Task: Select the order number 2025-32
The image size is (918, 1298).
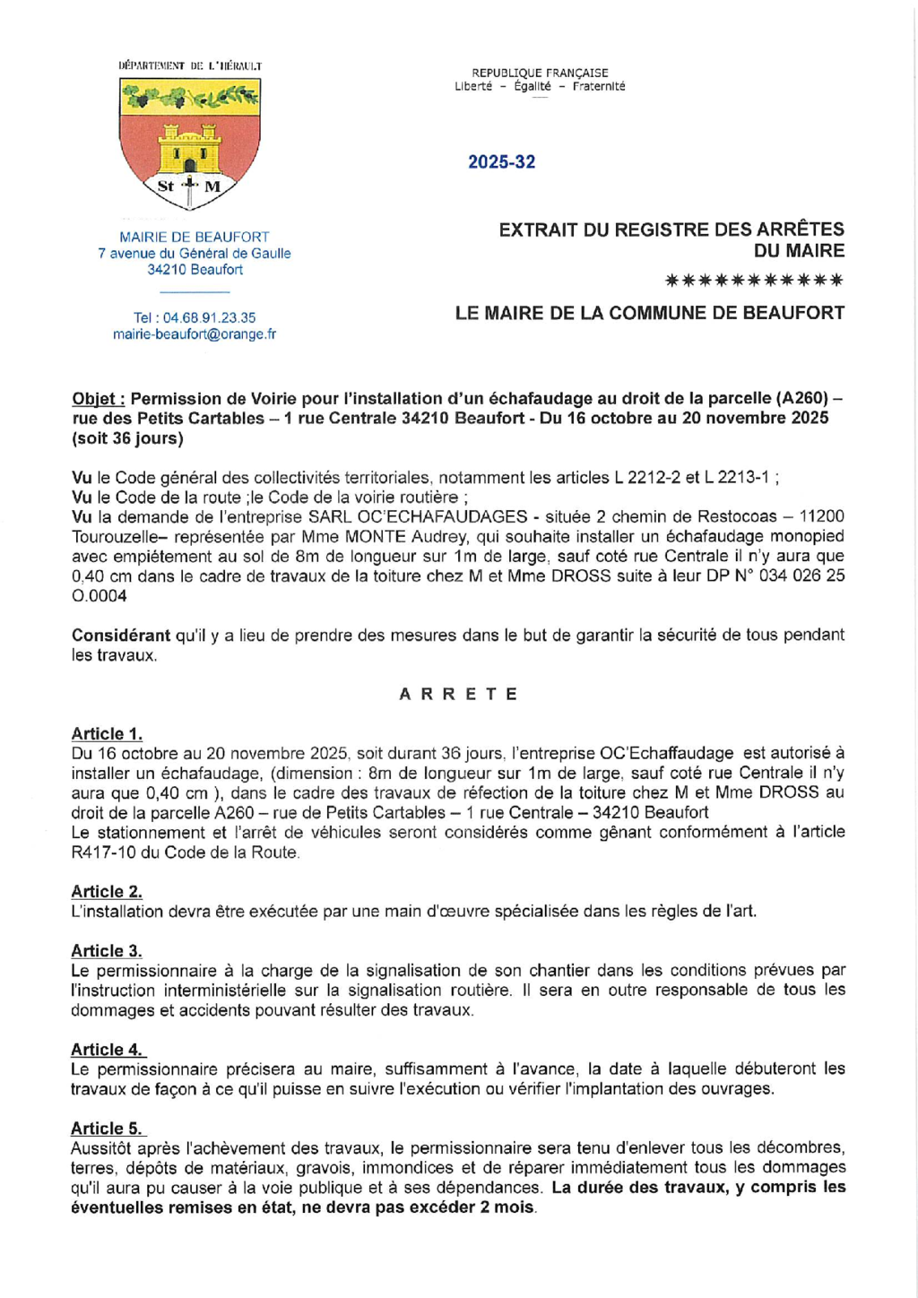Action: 501,162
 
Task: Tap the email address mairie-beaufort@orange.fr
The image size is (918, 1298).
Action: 195,334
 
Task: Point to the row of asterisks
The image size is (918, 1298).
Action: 754,281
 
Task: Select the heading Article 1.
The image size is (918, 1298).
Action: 107,734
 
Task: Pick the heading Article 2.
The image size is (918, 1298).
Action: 107,892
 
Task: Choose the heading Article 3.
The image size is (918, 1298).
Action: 107,951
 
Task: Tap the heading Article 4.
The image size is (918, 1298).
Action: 107,1050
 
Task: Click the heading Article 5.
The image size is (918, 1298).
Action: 107,1129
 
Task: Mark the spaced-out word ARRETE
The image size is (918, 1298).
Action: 458,694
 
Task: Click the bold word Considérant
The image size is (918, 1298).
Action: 120,636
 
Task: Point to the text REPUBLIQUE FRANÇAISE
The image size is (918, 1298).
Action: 540,74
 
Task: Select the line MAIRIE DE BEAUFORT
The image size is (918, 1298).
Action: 195,238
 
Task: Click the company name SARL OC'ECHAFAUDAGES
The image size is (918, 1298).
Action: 417,517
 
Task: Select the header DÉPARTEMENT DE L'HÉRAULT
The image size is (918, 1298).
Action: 190,65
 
